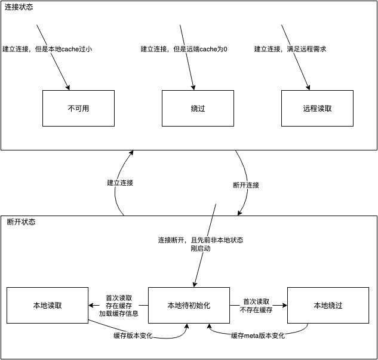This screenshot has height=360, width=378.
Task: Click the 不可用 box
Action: click(x=78, y=108)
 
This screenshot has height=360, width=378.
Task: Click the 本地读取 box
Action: click(x=48, y=305)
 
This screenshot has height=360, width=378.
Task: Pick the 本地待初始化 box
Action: click(x=189, y=305)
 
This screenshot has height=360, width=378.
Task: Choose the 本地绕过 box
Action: click(x=328, y=305)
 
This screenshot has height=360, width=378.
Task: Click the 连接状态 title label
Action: click(x=20, y=7)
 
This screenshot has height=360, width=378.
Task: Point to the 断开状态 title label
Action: click(x=21, y=221)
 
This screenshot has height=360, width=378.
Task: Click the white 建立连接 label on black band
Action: click(x=120, y=183)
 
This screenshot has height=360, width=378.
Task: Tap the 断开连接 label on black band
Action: click(x=246, y=185)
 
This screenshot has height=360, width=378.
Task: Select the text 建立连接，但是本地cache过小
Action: click(x=47, y=49)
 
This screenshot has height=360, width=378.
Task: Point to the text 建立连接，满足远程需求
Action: click(x=290, y=49)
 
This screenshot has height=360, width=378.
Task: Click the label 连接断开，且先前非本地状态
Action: click(x=201, y=239)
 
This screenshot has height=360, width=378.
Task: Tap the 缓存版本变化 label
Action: click(x=133, y=336)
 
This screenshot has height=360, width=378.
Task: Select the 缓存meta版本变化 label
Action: click(x=257, y=336)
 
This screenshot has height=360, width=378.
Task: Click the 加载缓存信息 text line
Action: click(x=118, y=313)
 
